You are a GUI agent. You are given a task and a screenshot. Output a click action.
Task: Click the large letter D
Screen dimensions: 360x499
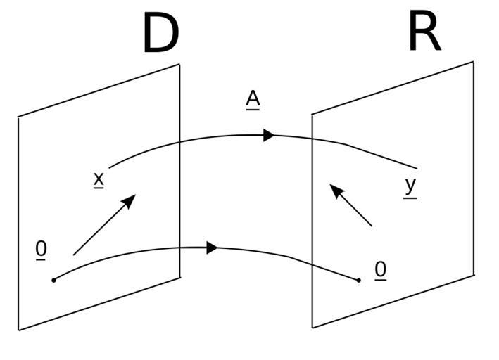point(160,34)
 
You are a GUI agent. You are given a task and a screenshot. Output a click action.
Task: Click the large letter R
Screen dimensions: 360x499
point(424,32)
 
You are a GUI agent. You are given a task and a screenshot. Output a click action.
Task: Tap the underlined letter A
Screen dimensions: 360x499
point(253,99)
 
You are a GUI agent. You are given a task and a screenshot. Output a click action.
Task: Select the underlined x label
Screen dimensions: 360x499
point(99,179)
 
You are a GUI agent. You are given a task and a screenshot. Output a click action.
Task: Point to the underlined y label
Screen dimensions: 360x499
point(410,186)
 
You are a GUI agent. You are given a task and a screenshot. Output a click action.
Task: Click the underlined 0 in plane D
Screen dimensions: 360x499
point(42,249)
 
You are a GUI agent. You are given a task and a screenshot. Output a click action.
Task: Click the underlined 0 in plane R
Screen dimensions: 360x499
point(380,269)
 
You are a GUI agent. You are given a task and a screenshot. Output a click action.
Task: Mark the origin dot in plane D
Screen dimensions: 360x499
point(53,281)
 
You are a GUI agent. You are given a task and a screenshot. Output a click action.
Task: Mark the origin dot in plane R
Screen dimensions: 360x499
point(359,281)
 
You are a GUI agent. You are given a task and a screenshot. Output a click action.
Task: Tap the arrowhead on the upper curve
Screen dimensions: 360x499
point(269,135)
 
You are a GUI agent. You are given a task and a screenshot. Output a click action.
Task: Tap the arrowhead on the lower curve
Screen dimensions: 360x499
point(212,247)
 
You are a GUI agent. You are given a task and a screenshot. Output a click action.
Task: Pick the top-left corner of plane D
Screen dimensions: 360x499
point(18,117)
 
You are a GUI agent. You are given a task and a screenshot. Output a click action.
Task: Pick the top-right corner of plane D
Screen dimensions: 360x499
point(179,65)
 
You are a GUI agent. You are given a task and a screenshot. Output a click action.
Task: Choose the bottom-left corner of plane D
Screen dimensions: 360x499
point(19,330)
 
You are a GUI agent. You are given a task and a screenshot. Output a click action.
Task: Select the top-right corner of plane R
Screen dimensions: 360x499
point(473,62)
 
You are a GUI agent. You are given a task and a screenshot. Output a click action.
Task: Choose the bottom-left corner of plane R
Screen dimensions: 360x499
point(313,328)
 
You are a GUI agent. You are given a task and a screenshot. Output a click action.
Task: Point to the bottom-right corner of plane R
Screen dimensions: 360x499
point(474,274)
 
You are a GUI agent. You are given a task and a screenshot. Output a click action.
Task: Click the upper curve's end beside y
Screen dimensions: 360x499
point(417,169)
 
